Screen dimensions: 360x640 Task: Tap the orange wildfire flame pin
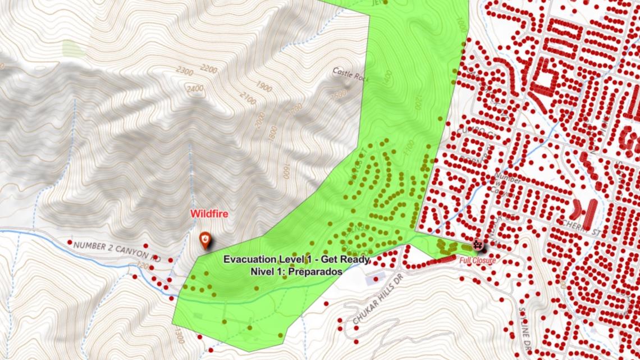click(x=206, y=241)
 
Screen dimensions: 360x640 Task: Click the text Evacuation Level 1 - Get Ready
click(x=296, y=259)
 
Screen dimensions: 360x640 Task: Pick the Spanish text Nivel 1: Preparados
click(x=296, y=271)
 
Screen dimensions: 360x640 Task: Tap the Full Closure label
click(x=477, y=261)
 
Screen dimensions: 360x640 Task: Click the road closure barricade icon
click(x=478, y=244)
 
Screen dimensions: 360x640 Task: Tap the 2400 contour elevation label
click(x=196, y=88)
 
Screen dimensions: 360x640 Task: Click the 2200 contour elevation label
click(x=208, y=69)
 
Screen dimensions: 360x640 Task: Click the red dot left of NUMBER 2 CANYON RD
click(x=69, y=243)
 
